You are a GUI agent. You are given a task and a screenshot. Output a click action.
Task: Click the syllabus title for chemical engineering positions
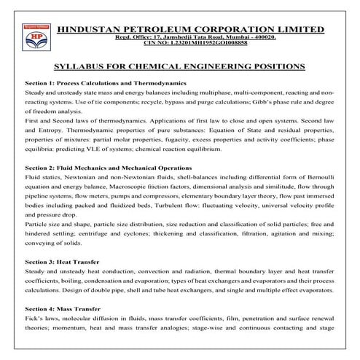[x=179, y=66]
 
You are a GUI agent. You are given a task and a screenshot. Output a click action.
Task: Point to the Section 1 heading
[x=97, y=84]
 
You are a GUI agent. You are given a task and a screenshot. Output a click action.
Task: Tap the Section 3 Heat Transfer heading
[x=61, y=261]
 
